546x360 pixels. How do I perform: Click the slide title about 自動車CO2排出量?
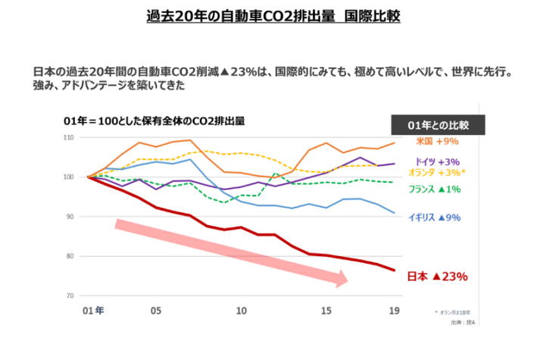click(273, 16)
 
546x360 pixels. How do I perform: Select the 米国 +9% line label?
click(437, 141)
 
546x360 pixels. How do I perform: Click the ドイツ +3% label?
click(436, 162)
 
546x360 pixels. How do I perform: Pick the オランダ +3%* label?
click(437, 173)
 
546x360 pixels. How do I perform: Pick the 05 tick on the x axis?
click(155, 311)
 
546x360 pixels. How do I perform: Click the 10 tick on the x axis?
click(242, 311)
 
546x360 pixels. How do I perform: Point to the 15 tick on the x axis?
click(326, 311)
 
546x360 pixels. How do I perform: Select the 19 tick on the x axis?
click(394, 311)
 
